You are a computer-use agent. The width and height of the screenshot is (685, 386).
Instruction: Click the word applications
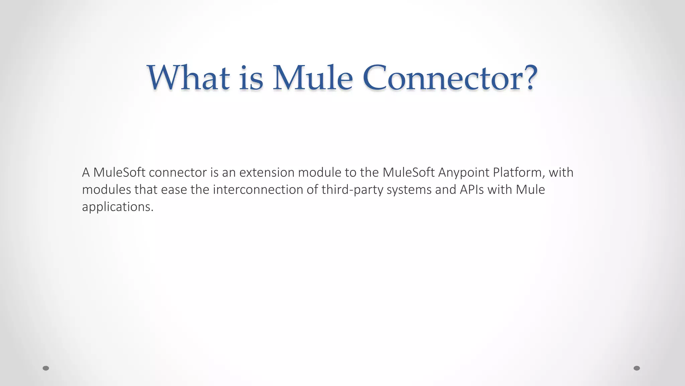click(x=117, y=207)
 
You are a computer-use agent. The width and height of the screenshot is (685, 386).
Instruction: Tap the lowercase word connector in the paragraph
click(x=178, y=173)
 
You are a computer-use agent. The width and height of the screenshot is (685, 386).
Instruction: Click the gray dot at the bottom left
click(x=46, y=368)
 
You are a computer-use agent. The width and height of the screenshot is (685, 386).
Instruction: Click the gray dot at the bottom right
click(x=637, y=368)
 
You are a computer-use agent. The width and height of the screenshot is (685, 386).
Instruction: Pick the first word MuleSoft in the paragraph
click(x=119, y=173)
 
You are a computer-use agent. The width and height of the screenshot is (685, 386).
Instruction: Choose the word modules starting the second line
click(x=106, y=190)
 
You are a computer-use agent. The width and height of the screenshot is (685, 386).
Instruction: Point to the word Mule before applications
click(x=530, y=190)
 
